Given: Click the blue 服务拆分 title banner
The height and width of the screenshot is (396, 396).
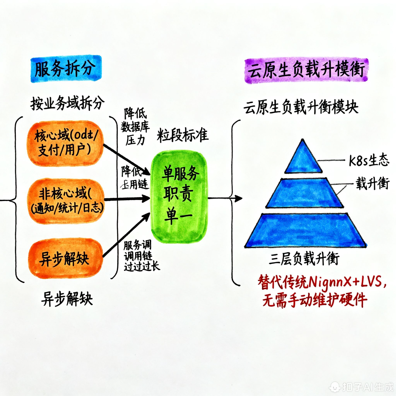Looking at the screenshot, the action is pos(66,69).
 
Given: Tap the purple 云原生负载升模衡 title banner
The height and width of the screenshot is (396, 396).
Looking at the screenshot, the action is pos(306,71).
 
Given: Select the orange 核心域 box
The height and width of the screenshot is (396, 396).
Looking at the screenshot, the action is pos(65,143).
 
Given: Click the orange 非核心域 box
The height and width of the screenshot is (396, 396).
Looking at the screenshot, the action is pos(67,201).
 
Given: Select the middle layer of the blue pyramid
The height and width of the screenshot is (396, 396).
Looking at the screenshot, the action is pos(305,193).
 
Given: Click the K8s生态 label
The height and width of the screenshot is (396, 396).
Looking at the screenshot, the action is pos(369,160).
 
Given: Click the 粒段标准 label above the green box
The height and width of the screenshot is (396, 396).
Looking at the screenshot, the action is pos(182,135).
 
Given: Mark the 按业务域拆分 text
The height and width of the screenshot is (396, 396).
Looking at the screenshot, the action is pos(67,103).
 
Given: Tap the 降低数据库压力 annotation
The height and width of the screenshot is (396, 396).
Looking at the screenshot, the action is pos(135,127).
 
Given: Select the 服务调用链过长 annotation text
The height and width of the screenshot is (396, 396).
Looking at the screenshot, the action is pos(141,256).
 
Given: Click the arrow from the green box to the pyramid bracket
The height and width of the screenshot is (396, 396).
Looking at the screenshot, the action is pos(225,198).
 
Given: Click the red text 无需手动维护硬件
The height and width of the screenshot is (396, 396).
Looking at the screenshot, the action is pos(315,300).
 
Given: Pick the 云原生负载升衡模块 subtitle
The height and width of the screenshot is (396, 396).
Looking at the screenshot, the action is pos(301,107).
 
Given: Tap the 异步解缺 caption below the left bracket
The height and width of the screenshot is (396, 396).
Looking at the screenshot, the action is pos(67,299).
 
